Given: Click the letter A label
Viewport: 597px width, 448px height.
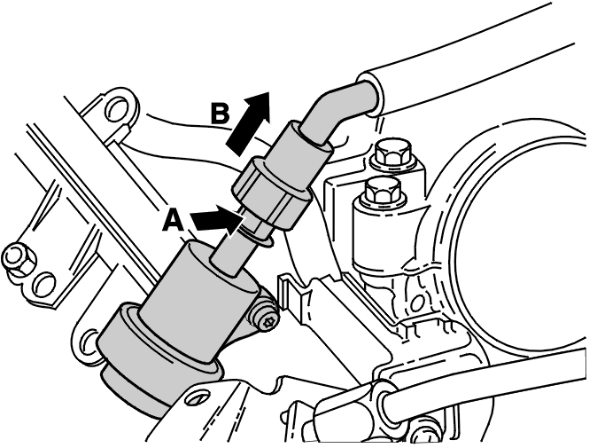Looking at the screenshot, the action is point(174,221).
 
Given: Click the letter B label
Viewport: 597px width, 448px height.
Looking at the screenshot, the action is point(220,114).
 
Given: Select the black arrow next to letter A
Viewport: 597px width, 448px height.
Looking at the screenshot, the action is point(217,220).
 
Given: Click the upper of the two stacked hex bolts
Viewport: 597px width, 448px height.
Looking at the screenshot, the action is point(392,153).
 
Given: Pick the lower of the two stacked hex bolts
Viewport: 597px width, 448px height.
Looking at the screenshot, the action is point(383,192).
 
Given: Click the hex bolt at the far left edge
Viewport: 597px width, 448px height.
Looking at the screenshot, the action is point(19,259).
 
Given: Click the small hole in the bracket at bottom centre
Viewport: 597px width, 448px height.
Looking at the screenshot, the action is point(196,398).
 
